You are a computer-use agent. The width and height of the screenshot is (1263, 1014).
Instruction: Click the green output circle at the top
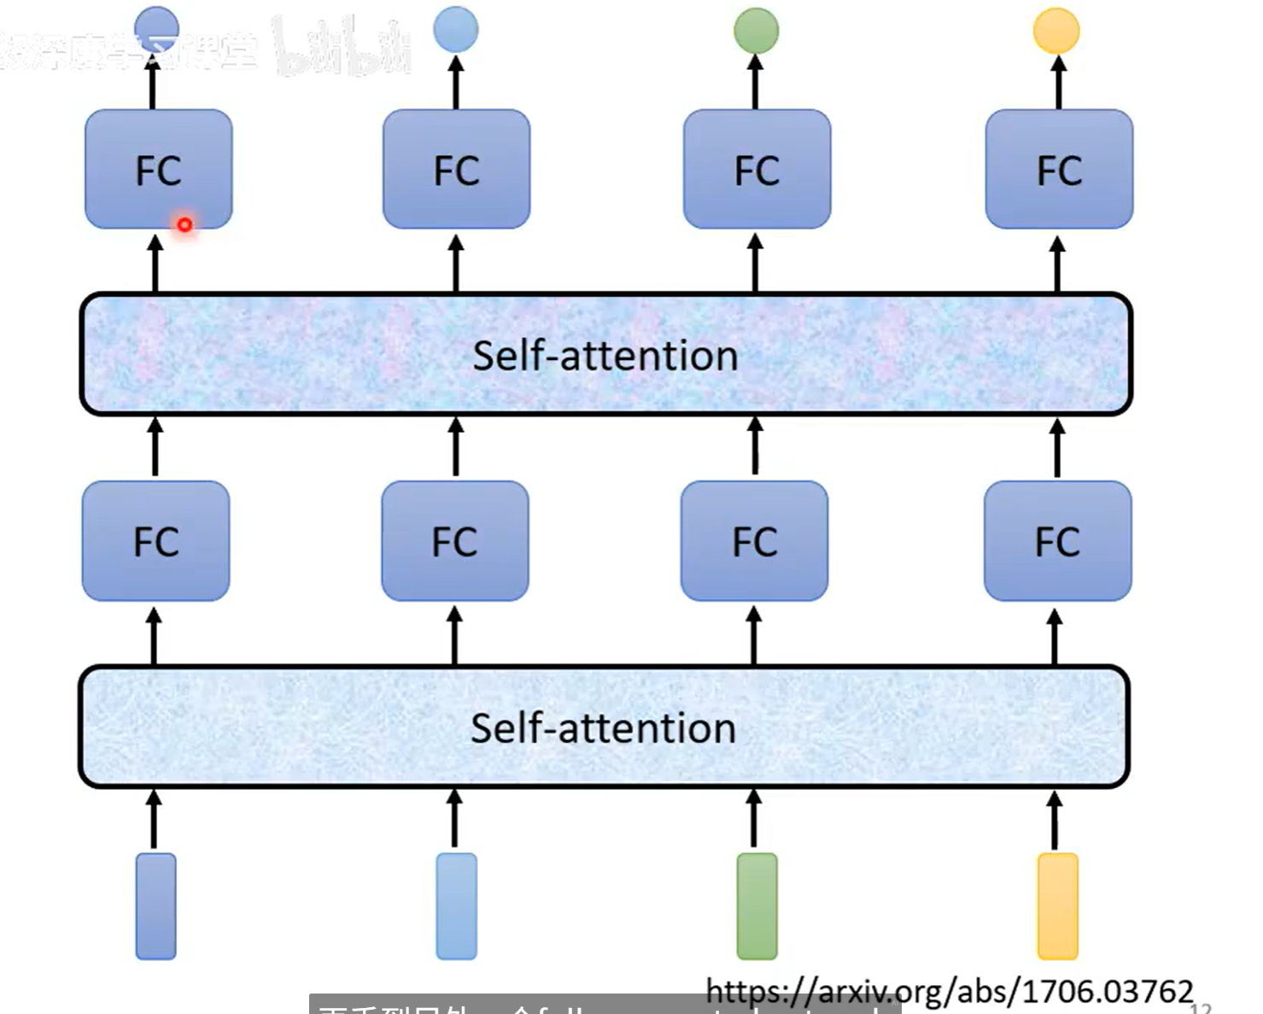[756, 30]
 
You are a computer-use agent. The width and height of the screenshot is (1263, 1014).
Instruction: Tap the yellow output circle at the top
[1056, 30]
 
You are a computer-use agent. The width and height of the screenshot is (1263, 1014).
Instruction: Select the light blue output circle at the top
[455, 28]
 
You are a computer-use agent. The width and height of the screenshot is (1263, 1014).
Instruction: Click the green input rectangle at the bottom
[757, 906]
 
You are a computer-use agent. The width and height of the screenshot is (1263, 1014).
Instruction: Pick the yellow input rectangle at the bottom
[1057, 906]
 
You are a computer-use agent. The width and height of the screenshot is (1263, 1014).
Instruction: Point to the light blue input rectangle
[456, 906]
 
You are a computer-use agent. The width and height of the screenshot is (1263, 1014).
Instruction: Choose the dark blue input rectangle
[155, 906]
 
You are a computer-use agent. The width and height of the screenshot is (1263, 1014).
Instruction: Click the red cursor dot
[184, 224]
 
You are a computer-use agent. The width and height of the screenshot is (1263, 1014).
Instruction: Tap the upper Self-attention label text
[605, 355]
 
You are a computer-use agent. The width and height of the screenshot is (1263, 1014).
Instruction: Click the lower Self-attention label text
[603, 728]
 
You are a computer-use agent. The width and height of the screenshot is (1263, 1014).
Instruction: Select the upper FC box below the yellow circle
[1059, 169]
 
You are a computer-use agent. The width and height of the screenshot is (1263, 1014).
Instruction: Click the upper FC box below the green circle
[757, 169]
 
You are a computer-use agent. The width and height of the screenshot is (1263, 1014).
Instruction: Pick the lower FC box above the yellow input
[1057, 541]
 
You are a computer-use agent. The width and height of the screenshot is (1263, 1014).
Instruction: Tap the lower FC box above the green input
[754, 541]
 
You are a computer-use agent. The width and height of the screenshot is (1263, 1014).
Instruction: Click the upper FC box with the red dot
[159, 169]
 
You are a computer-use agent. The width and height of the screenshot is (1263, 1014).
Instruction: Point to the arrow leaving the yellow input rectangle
[1055, 820]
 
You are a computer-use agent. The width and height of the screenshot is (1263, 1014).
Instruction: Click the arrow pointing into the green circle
[755, 81]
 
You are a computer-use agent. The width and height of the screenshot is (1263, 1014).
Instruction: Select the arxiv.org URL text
[949, 992]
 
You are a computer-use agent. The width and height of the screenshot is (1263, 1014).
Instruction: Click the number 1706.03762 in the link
[1108, 992]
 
